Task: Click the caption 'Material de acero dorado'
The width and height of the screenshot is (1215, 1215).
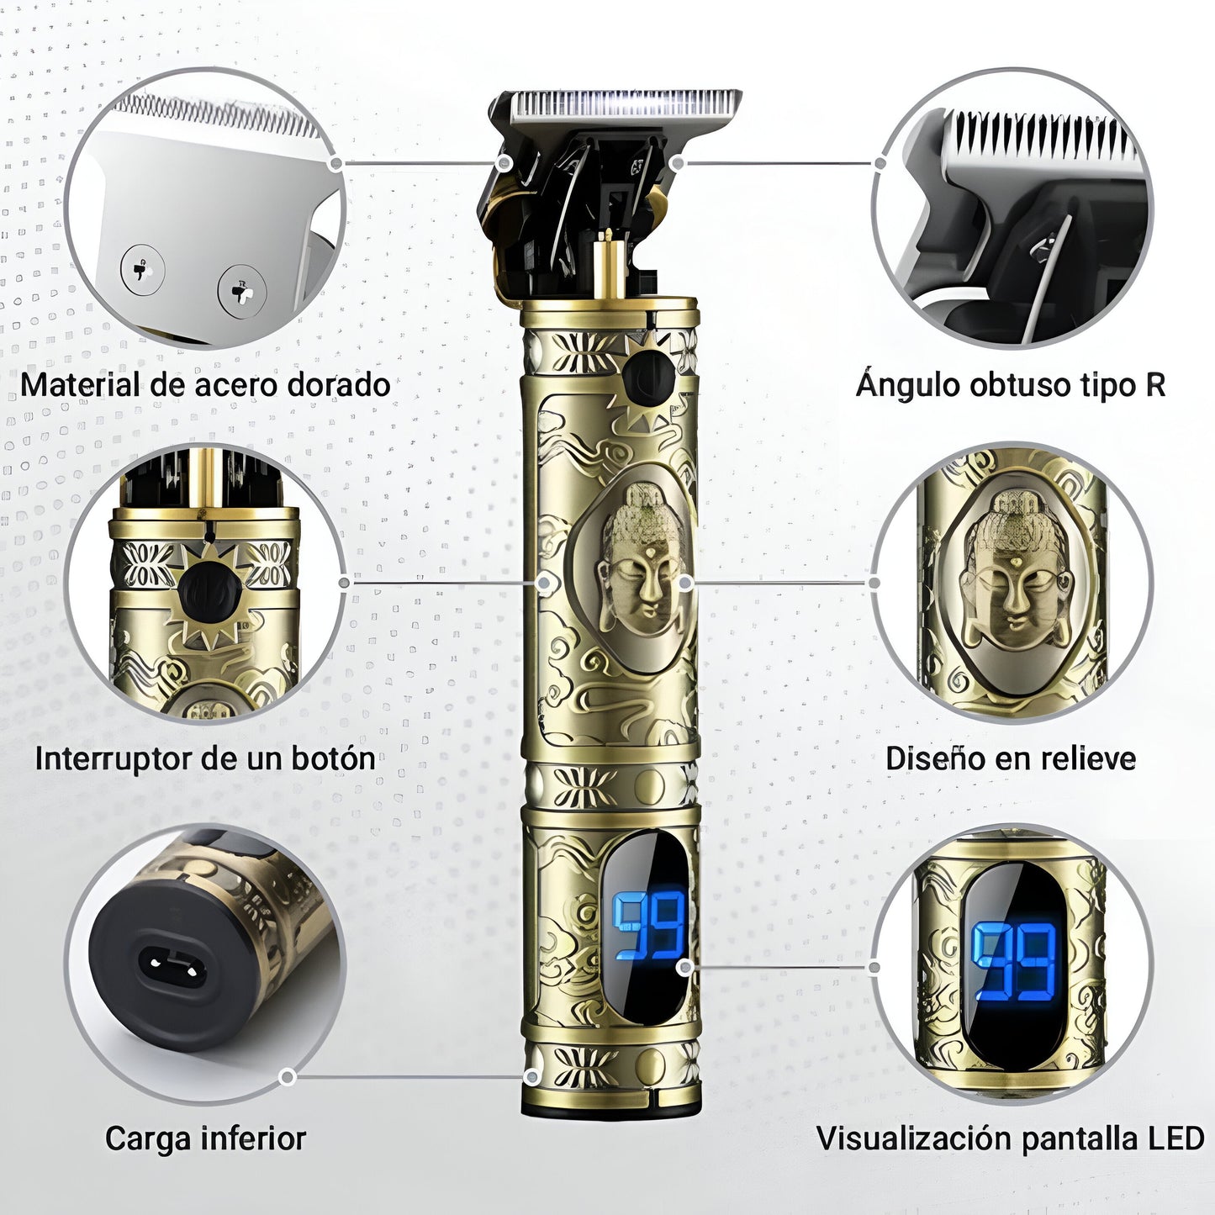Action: (x=205, y=385)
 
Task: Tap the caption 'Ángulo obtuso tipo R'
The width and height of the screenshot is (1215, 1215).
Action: (x=1011, y=385)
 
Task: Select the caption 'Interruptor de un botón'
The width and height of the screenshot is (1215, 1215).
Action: (x=205, y=758)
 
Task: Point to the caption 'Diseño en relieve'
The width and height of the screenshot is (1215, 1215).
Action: (x=1011, y=758)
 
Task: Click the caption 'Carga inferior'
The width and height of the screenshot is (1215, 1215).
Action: (x=205, y=1138)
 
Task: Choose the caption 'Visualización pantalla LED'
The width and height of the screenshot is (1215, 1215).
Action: (x=1011, y=1138)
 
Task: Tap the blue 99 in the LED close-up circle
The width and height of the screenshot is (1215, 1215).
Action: (x=1014, y=962)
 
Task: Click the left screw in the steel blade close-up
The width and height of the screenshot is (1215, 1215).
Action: (x=141, y=271)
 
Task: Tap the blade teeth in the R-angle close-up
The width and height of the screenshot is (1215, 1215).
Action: (x=1038, y=137)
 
